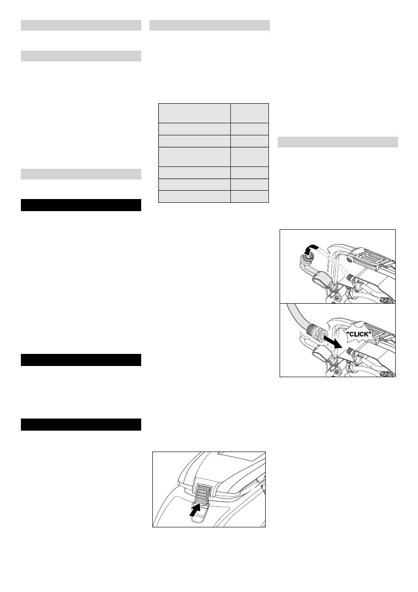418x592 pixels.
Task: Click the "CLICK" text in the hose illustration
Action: pos(359,334)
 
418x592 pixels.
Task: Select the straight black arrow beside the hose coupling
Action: pos(333,342)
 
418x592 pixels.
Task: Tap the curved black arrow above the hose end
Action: pos(311,248)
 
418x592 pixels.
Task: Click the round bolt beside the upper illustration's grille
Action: pos(349,260)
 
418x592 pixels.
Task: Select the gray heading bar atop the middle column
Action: pos(209,26)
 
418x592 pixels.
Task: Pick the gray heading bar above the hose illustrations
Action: pos(338,142)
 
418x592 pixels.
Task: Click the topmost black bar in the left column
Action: pos(81,205)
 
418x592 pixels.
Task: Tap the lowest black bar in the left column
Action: pos(81,425)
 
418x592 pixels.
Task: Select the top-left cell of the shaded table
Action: pos(195,113)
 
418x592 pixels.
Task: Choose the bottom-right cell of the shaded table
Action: pos(250,196)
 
